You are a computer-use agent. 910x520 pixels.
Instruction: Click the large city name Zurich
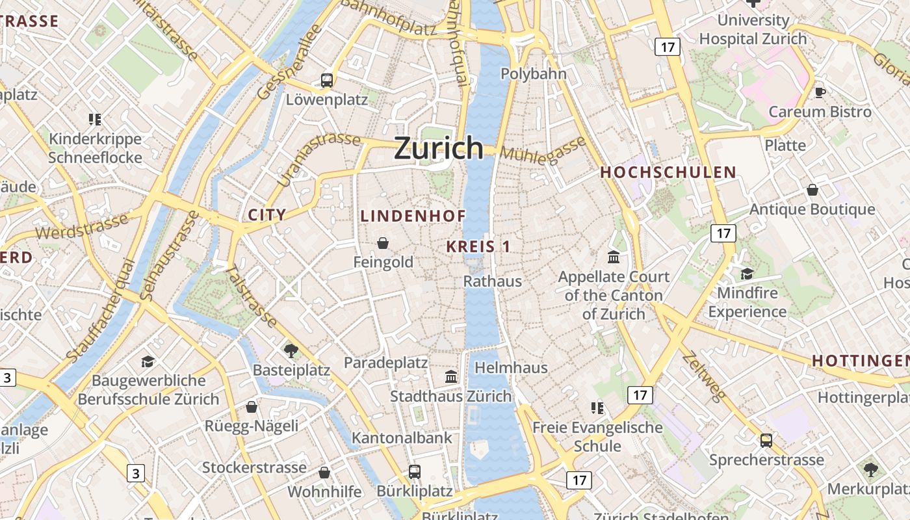click(439, 148)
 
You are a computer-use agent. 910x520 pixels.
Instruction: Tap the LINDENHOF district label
click(413, 216)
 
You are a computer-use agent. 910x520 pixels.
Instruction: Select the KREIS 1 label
click(478, 247)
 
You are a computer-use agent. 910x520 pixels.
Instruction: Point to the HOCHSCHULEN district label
click(668, 173)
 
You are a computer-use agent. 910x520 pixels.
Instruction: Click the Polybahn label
click(533, 74)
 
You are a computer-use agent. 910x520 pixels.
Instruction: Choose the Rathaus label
click(492, 281)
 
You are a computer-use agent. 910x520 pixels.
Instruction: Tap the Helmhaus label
click(511, 368)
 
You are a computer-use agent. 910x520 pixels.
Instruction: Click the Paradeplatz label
click(385, 363)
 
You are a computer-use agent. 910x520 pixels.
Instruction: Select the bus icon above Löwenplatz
click(327, 81)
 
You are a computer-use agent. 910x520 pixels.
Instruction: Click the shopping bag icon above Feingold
click(383, 243)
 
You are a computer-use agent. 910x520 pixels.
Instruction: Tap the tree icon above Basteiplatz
click(291, 351)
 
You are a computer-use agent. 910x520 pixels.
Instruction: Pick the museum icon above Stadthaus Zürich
click(450, 377)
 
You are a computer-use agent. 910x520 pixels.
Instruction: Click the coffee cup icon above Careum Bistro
click(820, 92)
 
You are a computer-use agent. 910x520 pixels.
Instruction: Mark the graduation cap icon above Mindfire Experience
click(747, 274)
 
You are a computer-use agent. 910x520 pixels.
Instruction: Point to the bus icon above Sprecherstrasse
click(766, 440)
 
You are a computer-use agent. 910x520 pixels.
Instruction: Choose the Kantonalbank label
click(402, 438)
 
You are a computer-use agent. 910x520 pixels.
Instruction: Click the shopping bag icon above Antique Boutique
click(812, 190)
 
